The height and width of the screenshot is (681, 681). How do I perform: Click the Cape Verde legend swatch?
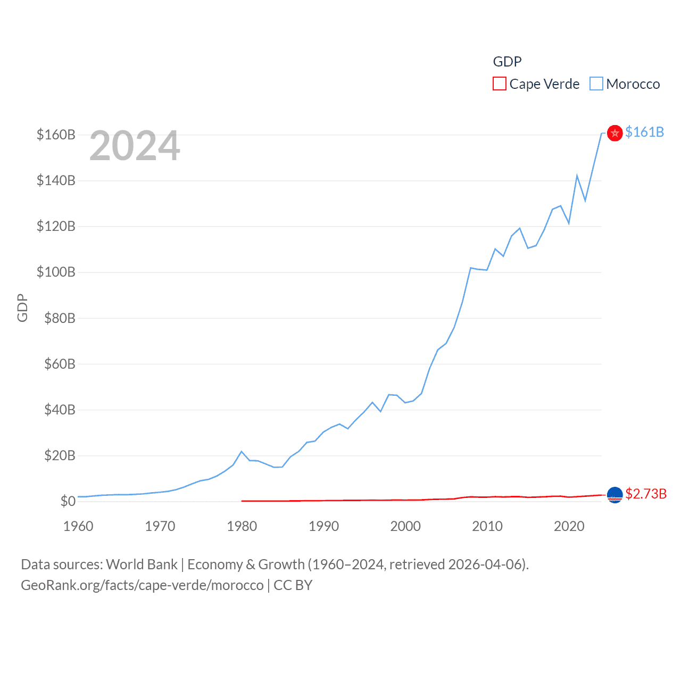(x=499, y=84)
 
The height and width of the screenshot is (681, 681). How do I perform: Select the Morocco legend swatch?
(x=596, y=84)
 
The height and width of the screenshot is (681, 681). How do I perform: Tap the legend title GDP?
(x=507, y=62)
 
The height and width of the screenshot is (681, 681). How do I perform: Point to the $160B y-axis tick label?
(x=56, y=135)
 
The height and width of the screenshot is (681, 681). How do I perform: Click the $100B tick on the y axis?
(x=56, y=272)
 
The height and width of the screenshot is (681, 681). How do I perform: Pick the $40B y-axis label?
(x=60, y=410)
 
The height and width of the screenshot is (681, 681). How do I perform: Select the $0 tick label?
(x=68, y=501)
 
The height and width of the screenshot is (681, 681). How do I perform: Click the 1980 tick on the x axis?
(x=242, y=526)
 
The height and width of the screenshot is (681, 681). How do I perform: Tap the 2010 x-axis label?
(x=487, y=526)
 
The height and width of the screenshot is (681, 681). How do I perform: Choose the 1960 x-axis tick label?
(x=78, y=526)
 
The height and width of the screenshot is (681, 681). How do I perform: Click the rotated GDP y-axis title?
(x=22, y=308)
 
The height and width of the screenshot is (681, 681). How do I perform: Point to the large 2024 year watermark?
(x=135, y=146)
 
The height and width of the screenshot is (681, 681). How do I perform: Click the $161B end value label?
(x=644, y=132)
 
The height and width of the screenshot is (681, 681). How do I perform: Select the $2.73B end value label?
(x=646, y=494)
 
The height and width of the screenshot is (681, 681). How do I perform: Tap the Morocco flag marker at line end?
(x=614, y=133)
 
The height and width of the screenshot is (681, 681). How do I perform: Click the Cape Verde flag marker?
(x=614, y=495)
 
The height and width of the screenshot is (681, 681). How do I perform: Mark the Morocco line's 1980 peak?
(x=242, y=452)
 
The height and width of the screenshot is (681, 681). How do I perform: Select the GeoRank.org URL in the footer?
(x=142, y=585)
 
